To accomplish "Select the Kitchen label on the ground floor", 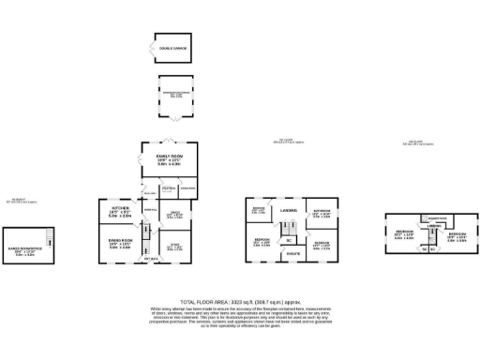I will tap(120, 207).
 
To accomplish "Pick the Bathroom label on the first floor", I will tap(322, 211).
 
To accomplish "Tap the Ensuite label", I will tap(292, 253).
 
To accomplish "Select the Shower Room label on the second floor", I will tap(437, 219).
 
